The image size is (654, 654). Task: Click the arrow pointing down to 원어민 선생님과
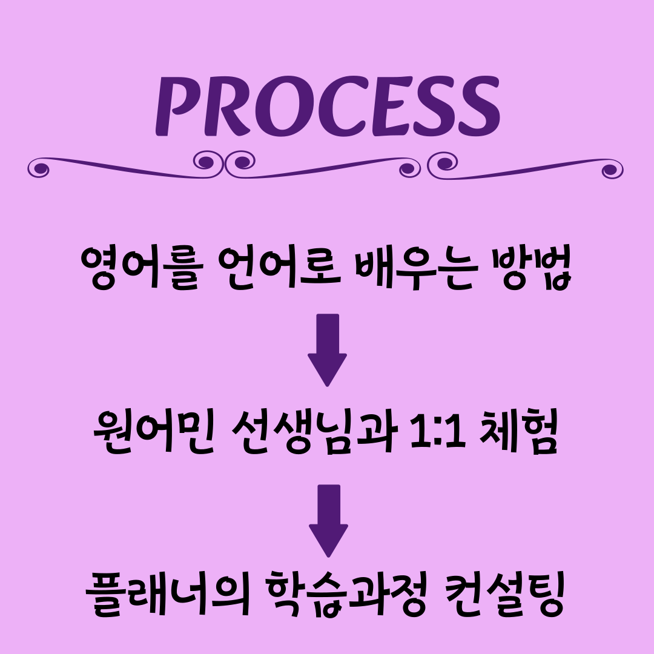pos(327,349)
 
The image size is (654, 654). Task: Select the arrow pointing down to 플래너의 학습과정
pos(328,520)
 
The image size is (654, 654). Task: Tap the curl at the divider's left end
pos(40,168)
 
